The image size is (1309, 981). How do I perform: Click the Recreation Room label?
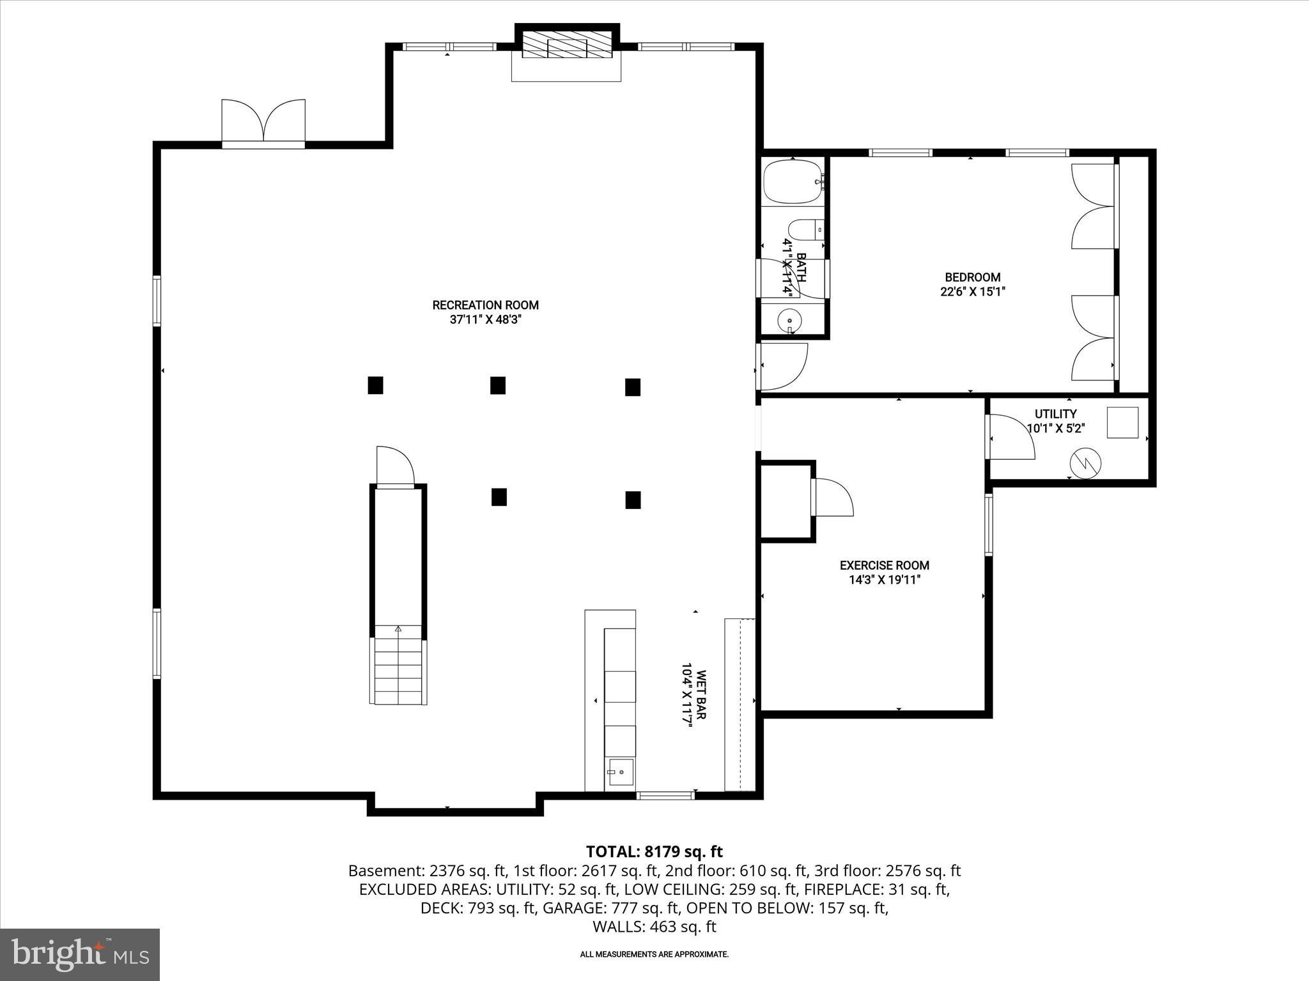485,305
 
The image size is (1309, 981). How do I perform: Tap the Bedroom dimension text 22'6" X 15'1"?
973,292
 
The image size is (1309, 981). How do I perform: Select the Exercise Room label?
884,565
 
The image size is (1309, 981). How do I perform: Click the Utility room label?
1055,414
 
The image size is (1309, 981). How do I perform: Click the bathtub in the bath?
793,181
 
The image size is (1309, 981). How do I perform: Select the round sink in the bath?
791,320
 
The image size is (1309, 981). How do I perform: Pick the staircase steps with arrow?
398,664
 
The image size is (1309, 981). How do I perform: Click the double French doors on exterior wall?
263,121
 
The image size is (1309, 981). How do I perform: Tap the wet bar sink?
620,773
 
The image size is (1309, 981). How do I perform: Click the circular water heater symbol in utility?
1086,462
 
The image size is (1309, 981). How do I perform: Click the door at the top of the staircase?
394,466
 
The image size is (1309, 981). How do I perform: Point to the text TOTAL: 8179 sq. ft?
654,851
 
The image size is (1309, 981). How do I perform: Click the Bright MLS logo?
79,954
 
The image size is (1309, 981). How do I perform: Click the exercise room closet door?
832,498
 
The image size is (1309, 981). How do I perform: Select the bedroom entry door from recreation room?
781,367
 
